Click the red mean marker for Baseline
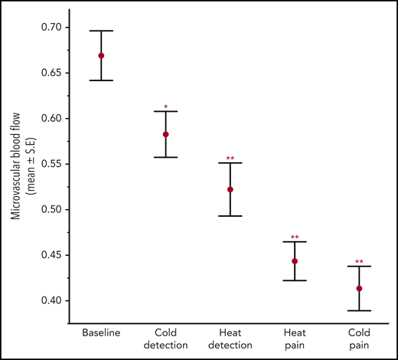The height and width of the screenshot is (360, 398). tap(101, 56)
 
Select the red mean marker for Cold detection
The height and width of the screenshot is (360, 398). tap(165, 134)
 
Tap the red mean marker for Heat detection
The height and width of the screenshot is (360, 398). tap(230, 189)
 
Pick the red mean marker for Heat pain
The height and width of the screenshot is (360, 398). tap(295, 261)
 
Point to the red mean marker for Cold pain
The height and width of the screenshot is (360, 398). tap(359, 289)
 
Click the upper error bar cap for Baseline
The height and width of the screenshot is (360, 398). tap(101, 31)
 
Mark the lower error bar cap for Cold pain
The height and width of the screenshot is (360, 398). tap(359, 310)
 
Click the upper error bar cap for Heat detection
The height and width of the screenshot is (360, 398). tap(230, 163)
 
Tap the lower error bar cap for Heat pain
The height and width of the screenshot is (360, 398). tap(295, 280)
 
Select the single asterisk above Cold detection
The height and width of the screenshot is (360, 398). tap(165, 106)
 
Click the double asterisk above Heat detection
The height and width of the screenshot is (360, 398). tap(230, 159)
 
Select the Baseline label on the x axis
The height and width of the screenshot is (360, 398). tap(101, 334)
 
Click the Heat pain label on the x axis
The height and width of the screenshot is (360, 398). tap(295, 339)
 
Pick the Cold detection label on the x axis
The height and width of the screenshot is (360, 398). tap(165, 339)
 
